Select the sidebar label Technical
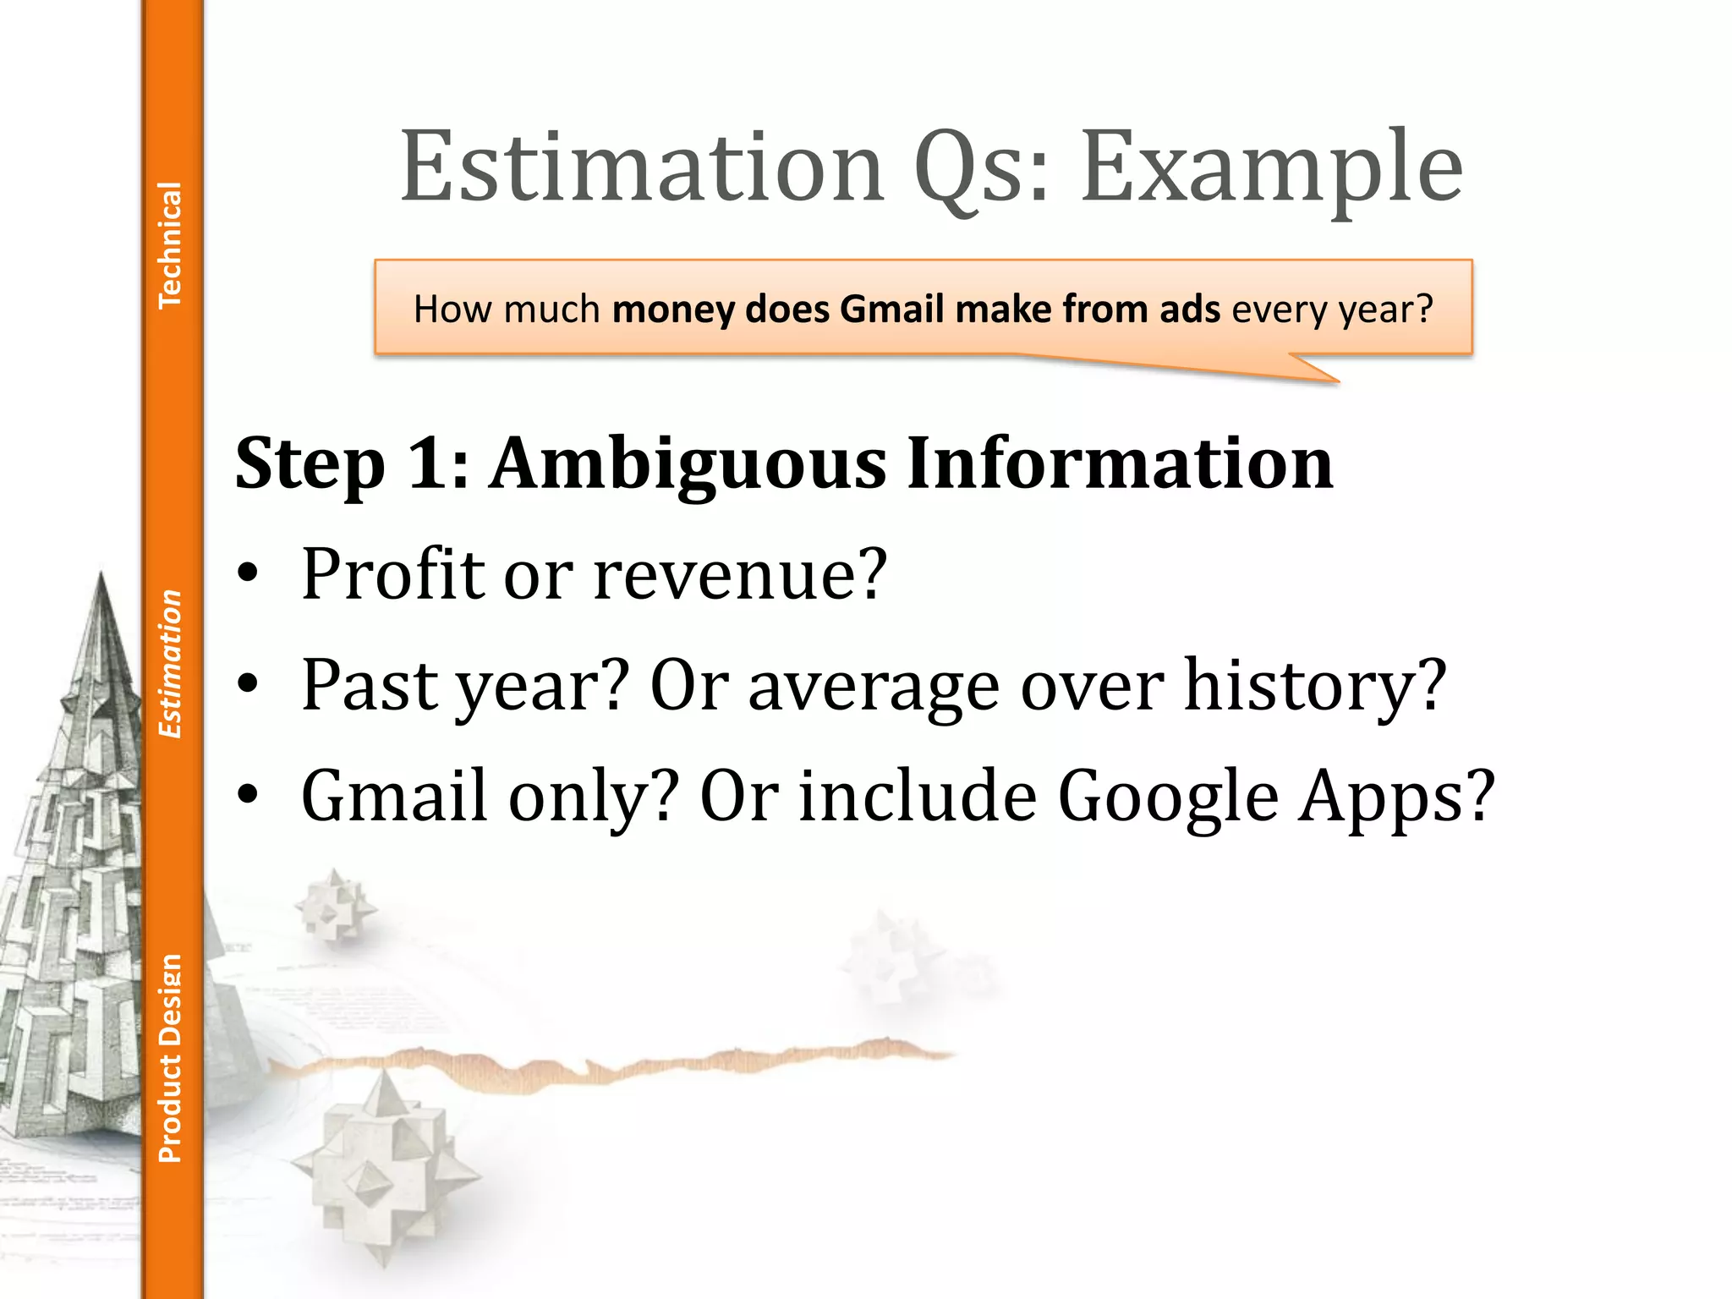[x=170, y=244]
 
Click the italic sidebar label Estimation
[x=170, y=664]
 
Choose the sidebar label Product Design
[x=170, y=1058]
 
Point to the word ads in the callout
[x=1189, y=309]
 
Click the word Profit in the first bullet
[x=393, y=575]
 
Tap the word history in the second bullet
[x=1314, y=685]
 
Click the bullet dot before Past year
[x=248, y=683]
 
